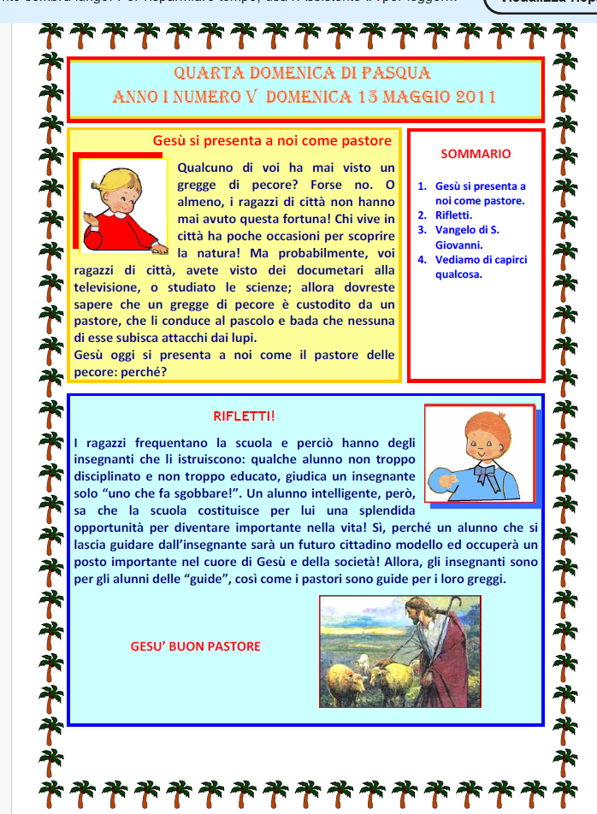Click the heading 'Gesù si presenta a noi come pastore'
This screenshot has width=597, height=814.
coord(272,140)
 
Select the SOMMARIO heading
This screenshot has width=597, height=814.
coord(476,154)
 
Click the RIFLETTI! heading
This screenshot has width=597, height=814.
coord(244,416)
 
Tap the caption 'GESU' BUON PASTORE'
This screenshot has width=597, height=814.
coord(195,646)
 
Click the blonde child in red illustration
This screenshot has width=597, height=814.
coord(121,208)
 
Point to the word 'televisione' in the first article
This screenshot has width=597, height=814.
coord(108,286)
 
